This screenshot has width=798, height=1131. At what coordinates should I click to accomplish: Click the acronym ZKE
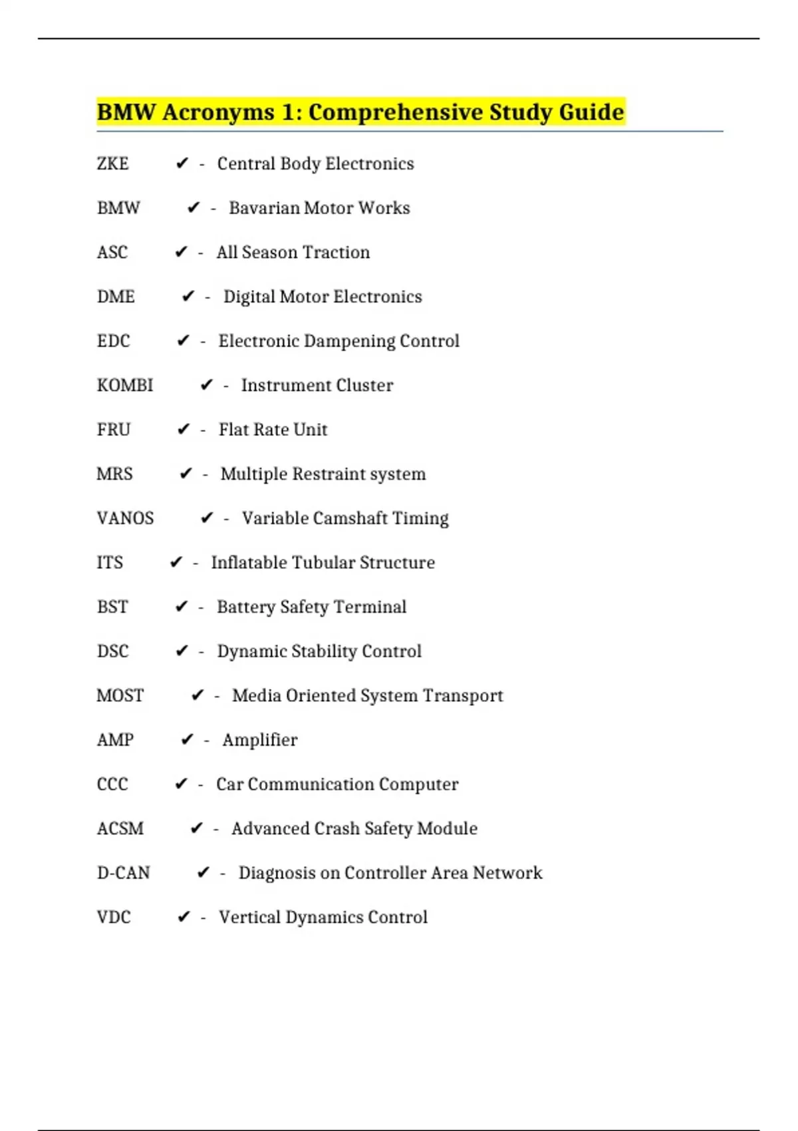[x=112, y=164]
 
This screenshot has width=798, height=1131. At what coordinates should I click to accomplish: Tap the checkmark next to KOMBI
[x=207, y=385]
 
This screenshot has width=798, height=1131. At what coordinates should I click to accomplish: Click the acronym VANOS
[x=125, y=518]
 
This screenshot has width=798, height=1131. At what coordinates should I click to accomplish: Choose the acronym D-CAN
[x=123, y=873]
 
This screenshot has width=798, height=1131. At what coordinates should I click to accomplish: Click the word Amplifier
[x=260, y=740]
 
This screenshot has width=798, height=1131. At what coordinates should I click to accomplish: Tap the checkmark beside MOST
[x=198, y=695]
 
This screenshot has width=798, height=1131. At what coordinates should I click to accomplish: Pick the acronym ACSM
[x=120, y=828]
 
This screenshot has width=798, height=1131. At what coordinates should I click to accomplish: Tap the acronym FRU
[x=113, y=430]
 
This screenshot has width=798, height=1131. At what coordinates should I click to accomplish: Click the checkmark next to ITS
[x=176, y=563]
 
